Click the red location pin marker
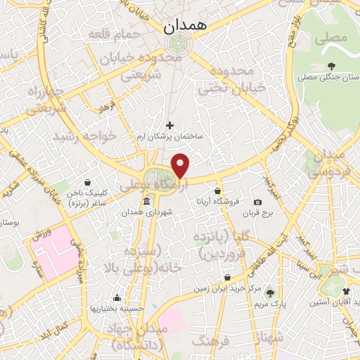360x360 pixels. (x=181, y=166)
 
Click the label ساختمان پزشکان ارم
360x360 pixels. (x=170, y=137)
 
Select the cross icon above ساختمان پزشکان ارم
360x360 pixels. (x=169, y=125)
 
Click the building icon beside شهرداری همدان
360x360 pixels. (x=146, y=202)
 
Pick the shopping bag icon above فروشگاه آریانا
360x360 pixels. (x=218, y=191)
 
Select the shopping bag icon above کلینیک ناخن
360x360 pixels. (x=86, y=182)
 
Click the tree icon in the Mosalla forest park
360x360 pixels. (x=331, y=67)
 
